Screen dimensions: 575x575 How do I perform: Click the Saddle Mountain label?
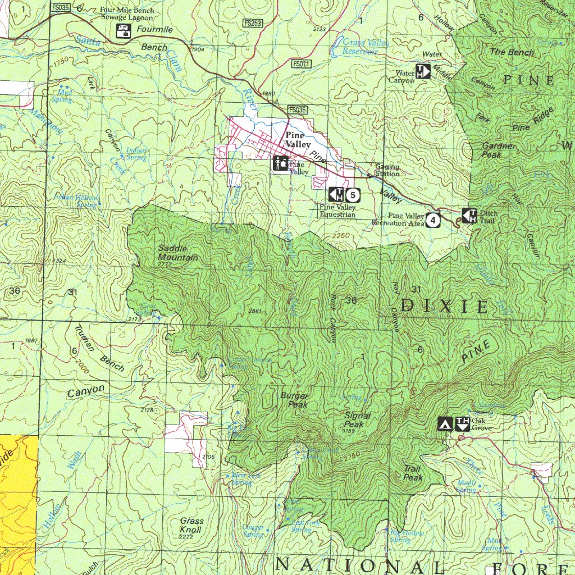click(x=177, y=253)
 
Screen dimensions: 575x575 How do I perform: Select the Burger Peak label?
click(x=294, y=400)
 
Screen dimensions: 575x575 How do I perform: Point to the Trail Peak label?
click(x=413, y=473)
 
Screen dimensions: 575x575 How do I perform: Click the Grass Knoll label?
click(x=191, y=525)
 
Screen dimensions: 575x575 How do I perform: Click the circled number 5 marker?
click(x=352, y=195)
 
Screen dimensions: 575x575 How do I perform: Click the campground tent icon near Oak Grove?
click(x=445, y=424)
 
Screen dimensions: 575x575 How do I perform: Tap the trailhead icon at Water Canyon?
click(x=422, y=71)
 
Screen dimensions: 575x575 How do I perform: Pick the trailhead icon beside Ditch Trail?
click(x=469, y=215)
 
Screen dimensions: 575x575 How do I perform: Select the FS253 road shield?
click(x=252, y=23)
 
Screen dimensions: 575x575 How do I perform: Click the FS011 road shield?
click(x=301, y=64)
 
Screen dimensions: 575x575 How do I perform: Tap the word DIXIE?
click(x=444, y=306)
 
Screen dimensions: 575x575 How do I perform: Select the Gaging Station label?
click(x=387, y=170)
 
